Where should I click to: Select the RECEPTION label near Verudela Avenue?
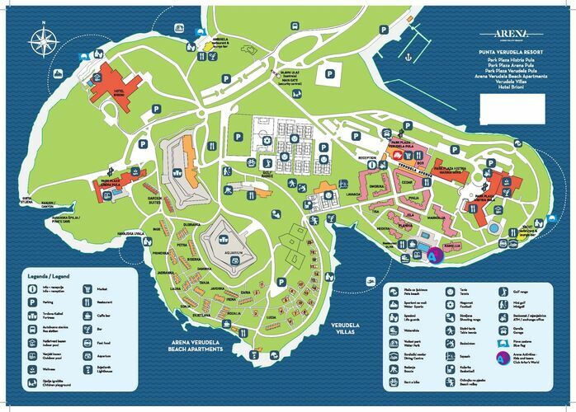[367, 157]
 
